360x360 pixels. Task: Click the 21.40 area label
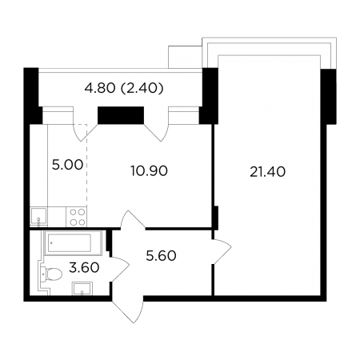click(x=267, y=172)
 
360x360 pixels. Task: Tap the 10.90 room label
click(x=149, y=170)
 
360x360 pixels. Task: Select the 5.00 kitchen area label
click(x=67, y=165)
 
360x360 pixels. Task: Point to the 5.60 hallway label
click(x=161, y=256)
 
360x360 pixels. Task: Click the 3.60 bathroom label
click(x=84, y=267)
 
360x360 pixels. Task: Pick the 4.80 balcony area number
click(x=100, y=88)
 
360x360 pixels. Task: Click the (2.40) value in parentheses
click(x=142, y=88)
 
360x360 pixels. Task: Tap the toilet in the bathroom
click(x=52, y=274)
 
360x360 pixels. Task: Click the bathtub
click(x=73, y=242)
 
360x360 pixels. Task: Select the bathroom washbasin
click(x=82, y=289)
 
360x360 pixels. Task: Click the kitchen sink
click(x=39, y=217)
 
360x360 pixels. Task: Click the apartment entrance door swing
click(x=128, y=309)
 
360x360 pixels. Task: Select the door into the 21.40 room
click(x=222, y=251)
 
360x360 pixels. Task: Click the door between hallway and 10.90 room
click(x=133, y=219)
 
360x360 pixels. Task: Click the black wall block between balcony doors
click(x=121, y=115)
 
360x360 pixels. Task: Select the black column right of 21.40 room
click(x=328, y=96)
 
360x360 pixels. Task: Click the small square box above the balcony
click(x=185, y=57)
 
